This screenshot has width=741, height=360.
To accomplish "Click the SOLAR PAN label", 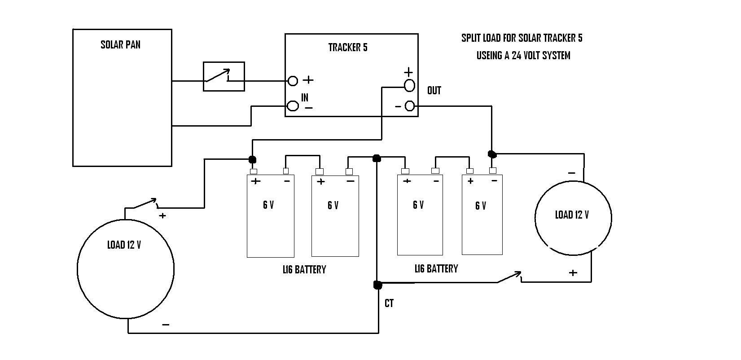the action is [x=120, y=45].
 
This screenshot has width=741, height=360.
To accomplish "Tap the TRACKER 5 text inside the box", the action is [x=348, y=47].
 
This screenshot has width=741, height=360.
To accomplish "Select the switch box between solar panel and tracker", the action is [x=224, y=76].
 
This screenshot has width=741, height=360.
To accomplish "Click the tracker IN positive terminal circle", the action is [x=293, y=81].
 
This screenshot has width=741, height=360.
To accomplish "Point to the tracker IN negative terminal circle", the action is [x=293, y=106].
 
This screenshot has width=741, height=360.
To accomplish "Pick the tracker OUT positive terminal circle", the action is [x=409, y=85].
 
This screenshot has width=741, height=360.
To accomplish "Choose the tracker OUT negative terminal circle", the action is [x=410, y=106].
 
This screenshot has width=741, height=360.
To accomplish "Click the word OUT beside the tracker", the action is [x=434, y=90].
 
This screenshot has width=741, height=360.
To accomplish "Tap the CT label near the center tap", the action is [x=389, y=303].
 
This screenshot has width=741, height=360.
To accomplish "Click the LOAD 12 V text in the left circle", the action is [x=124, y=245].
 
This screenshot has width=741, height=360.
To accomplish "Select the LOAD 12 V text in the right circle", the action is [x=572, y=215].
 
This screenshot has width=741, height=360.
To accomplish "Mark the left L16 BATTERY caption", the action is [x=304, y=270].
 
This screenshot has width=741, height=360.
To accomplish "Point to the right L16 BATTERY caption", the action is [x=436, y=269].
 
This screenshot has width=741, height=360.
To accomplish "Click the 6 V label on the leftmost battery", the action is [x=268, y=205].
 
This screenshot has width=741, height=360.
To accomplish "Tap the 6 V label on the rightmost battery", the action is [x=481, y=206].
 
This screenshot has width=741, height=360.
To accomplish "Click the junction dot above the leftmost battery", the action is [x=252, y=159].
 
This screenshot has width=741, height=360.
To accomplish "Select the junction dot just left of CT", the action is [x=377, y=285].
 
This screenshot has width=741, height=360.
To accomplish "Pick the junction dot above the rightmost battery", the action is [x=492, y=154].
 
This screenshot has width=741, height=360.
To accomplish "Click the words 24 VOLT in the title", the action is [x=528, y=55].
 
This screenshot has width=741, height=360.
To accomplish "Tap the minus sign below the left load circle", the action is [x=166, y=325].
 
